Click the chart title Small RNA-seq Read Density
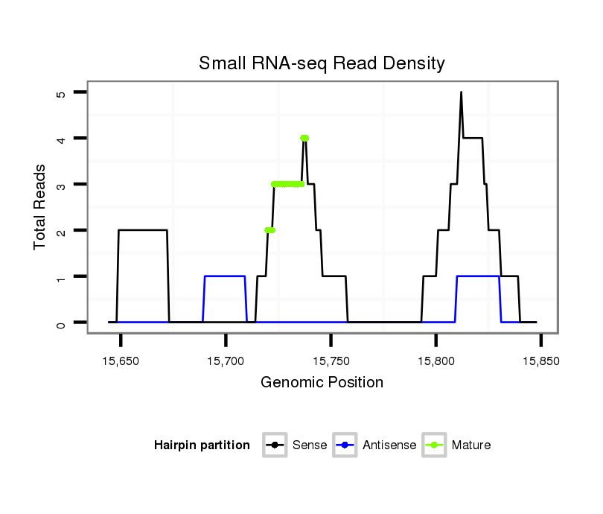pyautogui.click(x=322, y=63)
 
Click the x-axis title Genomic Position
pyautogui.click(x=322, y=383)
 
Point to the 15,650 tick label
pyautogui.click(x=121, y=360)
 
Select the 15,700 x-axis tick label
pyautogui.click(x=226, y=360)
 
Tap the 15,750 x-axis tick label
pyautogui.click(x=331, y=360)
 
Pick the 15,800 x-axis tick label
pyautogui.click(x=435, y=360)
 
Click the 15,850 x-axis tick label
pyautogui.click(x=540, y=360)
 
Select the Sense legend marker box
pyautogui.click(x=275, y=445)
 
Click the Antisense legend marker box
pyautogui.click(x=346, y=445)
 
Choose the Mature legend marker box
pyautogui.click(x=434, y=445)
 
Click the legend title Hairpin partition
pyautogui.click(x=202, y=445)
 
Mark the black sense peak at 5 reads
pyautogui.click(x=461, y=93)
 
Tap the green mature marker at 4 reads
pyautogui.click(x=304, y=138)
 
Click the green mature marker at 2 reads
pyautogui.click(x=269, y=230)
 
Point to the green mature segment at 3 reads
pyautogui.click(x=288, y=184)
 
